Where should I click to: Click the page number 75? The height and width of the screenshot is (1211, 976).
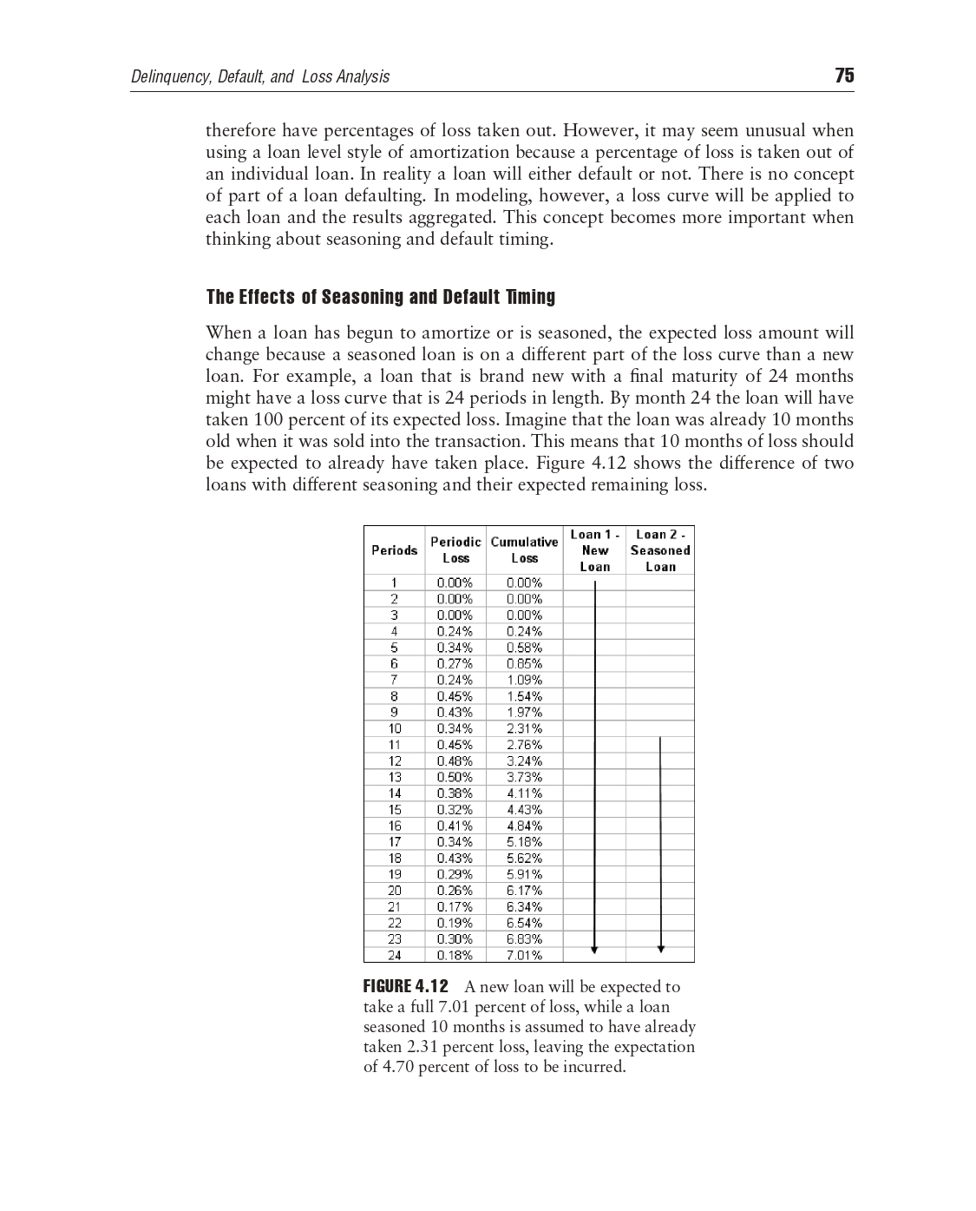coord(844,76)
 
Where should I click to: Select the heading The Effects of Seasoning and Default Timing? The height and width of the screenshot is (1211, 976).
coord(380,297)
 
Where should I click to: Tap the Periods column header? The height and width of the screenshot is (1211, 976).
coord(394,550)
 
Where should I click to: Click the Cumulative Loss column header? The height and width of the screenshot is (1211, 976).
coord(524,550)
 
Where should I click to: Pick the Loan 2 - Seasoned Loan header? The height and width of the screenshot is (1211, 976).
coord(659,550)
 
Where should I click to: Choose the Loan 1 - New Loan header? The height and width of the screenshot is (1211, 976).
coord(594,550)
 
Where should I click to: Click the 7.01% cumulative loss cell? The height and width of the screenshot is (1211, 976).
coord(524,955)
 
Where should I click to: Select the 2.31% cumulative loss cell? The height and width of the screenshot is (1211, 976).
coord(524,728)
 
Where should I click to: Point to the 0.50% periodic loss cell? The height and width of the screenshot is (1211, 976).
coord(455,777)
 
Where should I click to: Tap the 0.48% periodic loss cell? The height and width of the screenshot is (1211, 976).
coord(455,760)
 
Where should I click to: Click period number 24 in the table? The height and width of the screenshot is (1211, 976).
coord(394,955)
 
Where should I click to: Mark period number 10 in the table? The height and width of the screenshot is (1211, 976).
coord(394,728)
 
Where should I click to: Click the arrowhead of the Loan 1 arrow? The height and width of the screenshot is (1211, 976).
coord(594,950)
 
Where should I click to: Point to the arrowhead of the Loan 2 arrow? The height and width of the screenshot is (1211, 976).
coord(660,950)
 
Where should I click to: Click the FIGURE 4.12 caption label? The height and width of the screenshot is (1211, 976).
coord(405,986)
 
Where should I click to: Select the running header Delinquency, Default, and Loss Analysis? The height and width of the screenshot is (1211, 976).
coord(259,76)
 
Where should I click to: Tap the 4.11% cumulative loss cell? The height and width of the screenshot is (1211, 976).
coord(524,793)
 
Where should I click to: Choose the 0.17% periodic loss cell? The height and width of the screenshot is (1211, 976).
coord(455,906)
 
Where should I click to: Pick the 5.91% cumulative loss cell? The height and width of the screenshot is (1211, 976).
coord(524,874)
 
